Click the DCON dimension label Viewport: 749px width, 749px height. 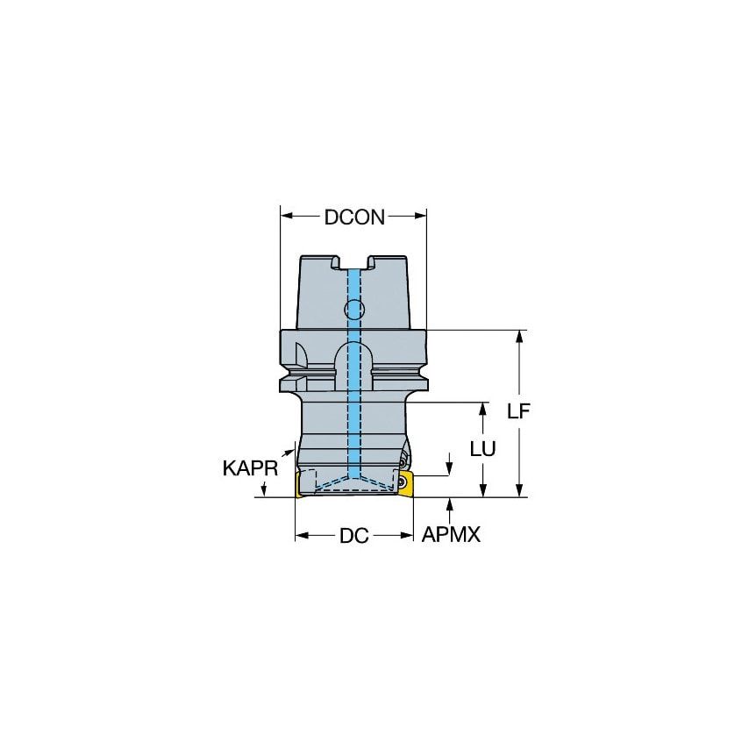(x=353, y=218)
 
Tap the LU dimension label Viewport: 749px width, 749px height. (x=482, y=448)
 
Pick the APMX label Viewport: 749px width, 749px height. (x=451, y=535)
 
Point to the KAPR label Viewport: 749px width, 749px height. (x=250, y=468)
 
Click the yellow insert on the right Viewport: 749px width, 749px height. (x=405, y=483)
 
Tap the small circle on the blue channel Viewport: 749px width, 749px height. (x=353, y=309)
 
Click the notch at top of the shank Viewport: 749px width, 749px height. (x=353, y=260)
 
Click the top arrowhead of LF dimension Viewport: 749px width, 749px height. (x=520, y=336)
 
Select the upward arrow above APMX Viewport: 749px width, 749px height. (x=450, y=503)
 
